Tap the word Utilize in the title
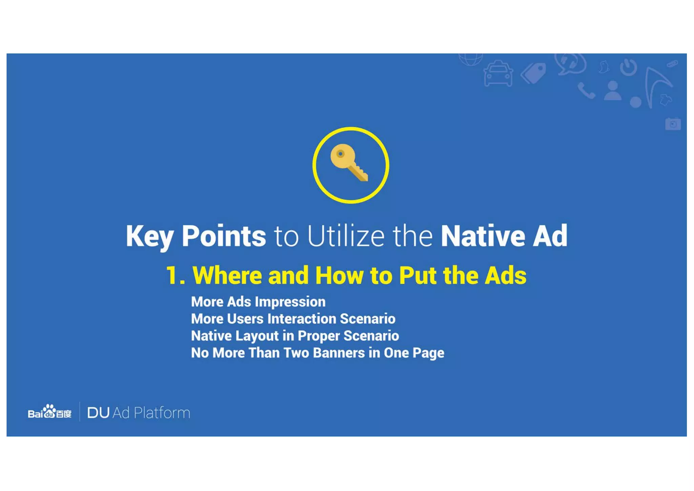click(x=346, y=236)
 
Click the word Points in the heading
click(x=224, y=236)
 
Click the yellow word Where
click(x=227, y=275)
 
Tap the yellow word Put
click(x=417, y=275)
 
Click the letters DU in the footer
click(x=98, y=413)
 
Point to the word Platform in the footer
click(x=162, y=413)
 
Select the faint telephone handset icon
click(x=586, y=91)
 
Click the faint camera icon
click(x=673, y=124)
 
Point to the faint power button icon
click(x=628, y=67)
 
